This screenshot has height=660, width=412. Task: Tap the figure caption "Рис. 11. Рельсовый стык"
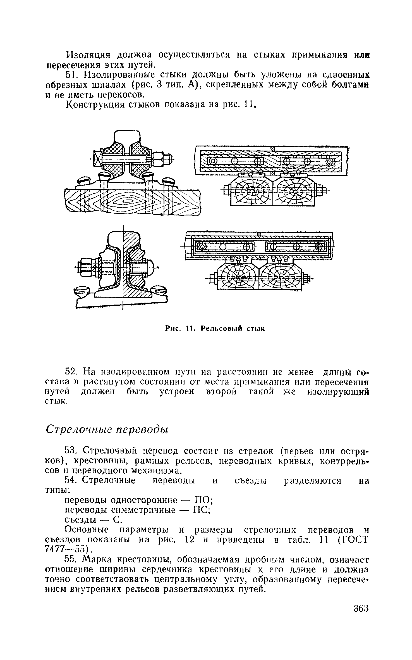coord(215,329)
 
